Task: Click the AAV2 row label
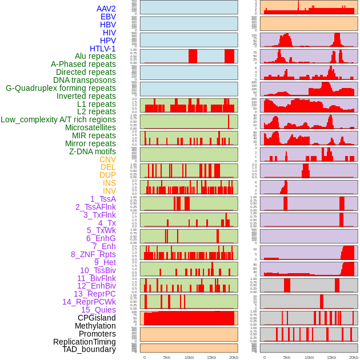point(106,9)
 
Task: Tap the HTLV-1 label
point(102,49)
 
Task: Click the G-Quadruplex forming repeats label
point(61,88)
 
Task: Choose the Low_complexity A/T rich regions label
point(58,119)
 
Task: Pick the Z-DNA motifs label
point(92,151)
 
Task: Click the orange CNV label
point(107,159)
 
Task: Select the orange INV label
point(109,191)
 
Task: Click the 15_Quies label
point(98,310)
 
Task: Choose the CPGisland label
point(97,318)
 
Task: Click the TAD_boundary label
point(89,349)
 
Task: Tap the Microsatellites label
point(90,127)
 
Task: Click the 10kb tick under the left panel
point(189,357)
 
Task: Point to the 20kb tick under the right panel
point(354,357)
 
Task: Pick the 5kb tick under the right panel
point(286,357)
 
